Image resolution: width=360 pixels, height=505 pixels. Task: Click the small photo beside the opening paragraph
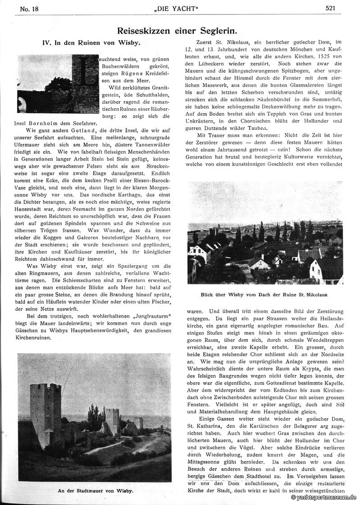(x=58, y=84)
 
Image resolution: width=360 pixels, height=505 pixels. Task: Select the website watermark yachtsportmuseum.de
(x=324, y=498)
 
